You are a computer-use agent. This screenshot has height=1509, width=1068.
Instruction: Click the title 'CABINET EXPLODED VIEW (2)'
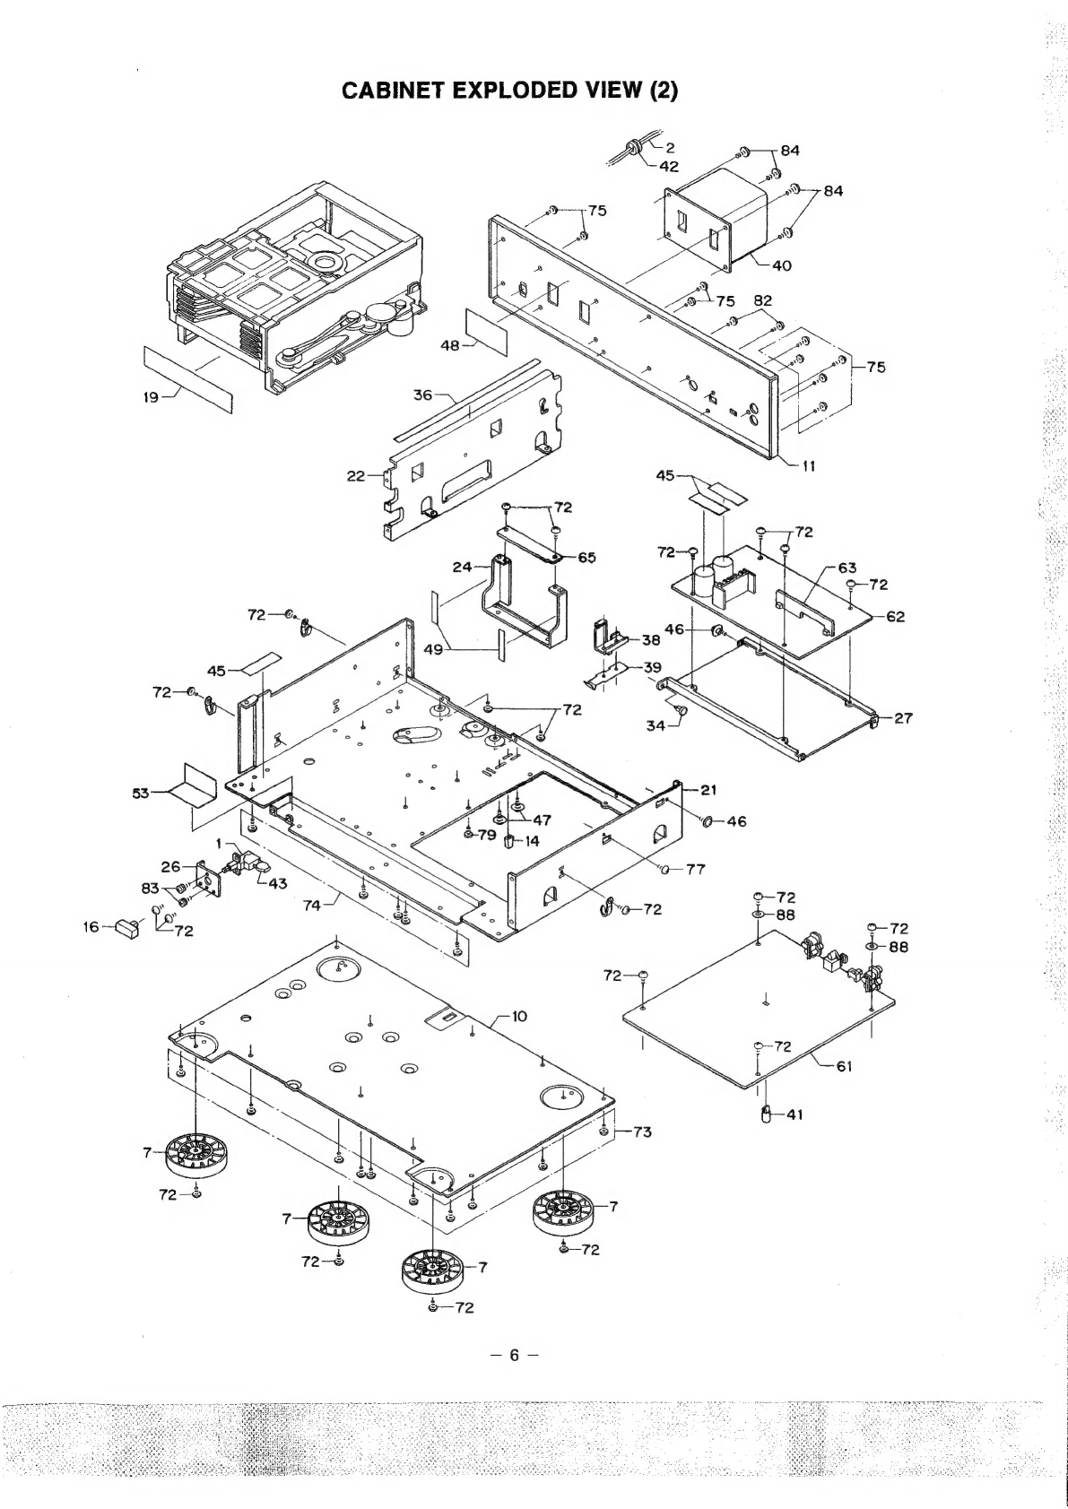pos(510,90)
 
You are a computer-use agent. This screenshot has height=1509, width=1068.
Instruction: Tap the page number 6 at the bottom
pos(514,1355)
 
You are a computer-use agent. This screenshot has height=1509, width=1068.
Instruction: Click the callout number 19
pos(152,398)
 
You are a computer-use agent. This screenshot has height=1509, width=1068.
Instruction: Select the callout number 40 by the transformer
pos(781,265)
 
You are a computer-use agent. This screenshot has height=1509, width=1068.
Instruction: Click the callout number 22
pos(356,476)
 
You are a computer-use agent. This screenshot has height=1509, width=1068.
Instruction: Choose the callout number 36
pos(422,395)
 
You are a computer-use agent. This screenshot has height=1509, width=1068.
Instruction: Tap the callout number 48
pos(450,343)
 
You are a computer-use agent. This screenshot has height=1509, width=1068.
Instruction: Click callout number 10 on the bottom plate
pos(519,1016)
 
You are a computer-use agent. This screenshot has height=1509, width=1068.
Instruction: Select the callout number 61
pos(844,1066)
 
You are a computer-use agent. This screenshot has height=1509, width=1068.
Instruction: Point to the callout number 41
pos(794,1114)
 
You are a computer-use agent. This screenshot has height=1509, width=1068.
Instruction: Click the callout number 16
pos(92,928)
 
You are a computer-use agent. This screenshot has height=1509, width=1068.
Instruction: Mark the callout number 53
pos(143,792)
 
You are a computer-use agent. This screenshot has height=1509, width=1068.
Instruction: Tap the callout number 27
pos(903,717)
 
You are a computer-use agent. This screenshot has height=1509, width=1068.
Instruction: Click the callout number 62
pos(895,617)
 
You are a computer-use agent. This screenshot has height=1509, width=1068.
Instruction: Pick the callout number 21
pos(708,790)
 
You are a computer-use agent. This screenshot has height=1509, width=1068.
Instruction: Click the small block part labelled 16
pos(126,927)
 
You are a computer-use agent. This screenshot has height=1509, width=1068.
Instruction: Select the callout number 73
pos(642,1132)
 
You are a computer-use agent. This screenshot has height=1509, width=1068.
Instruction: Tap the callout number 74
pos(311,906)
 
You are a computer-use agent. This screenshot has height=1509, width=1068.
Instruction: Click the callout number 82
pos(763,301)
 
